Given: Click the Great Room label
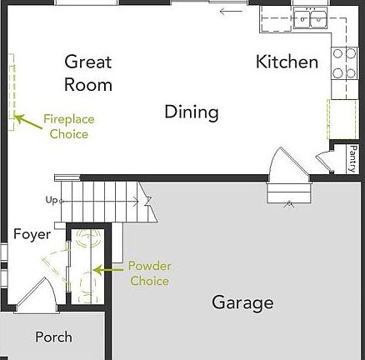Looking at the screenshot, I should tap(88, 72).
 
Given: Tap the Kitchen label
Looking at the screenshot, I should tap(287, 62).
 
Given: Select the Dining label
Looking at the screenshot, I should tap(191, 112).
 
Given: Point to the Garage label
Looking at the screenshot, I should tap(242, 302).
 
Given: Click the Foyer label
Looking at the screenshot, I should tap(32, 234).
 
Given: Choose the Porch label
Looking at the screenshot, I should tap(53, 337).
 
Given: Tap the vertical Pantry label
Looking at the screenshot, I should tap(352, 158).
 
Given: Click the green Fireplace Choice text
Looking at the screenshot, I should tap(68, 127).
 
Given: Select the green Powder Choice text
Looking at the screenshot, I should tap(149, 273).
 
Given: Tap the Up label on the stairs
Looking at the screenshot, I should tap(52, 200).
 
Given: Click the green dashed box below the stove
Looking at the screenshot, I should tap(342, 118).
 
